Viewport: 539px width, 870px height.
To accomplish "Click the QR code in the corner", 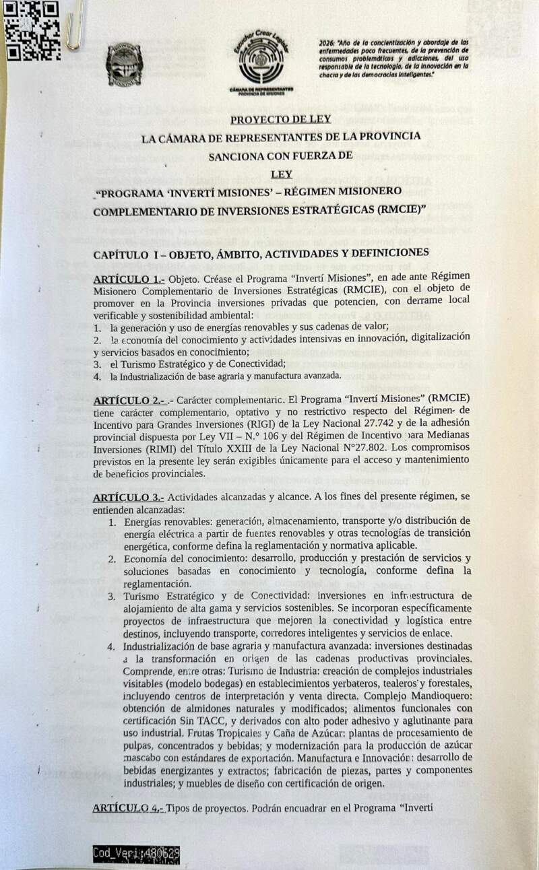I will coord(32,30).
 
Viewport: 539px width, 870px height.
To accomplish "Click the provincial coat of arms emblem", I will coord(124,65).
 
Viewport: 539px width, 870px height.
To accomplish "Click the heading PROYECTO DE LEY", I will coord(280,121).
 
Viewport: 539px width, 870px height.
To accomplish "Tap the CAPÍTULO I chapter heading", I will coord(261,253).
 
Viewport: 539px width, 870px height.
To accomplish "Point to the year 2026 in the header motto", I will coord(327,42).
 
